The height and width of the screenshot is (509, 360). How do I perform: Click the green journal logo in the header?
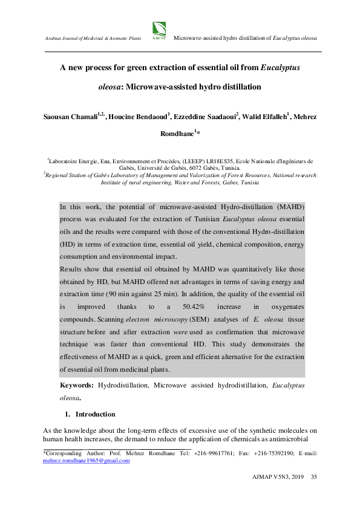160,29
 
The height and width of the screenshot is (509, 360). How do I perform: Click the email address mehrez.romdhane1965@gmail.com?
86,461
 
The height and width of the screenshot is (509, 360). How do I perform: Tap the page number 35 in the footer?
314,478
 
